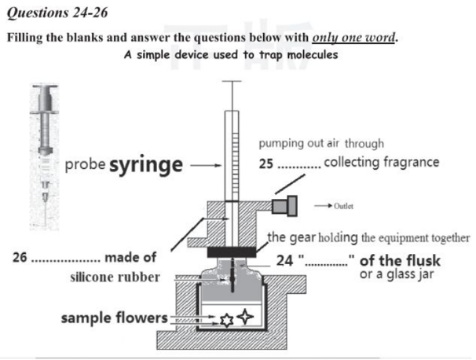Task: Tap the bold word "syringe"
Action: [x=145, y=166]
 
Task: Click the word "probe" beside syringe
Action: [x=85, y=167]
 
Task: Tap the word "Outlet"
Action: [x=344, y=207]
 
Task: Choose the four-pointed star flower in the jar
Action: [x=246, y=317]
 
